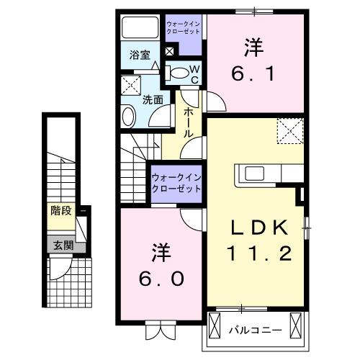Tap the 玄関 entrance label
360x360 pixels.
pos(60,246)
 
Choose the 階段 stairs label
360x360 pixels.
pos(60,211)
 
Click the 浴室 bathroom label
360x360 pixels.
pos(139,55)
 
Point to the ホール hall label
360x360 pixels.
pos(189,123)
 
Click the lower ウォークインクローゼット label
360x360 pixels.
pos(176,183)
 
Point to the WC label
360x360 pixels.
pos(193,73)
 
